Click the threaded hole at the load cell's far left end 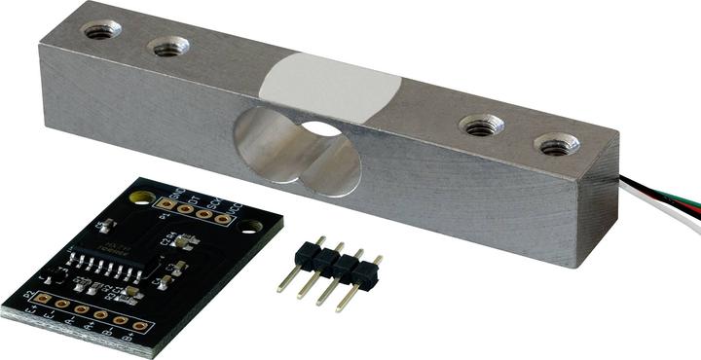(x=100, y=30)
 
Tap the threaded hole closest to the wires (x=559, y=146)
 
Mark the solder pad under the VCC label (x=223, y=219)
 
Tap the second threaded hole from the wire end (x=480, y=125)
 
